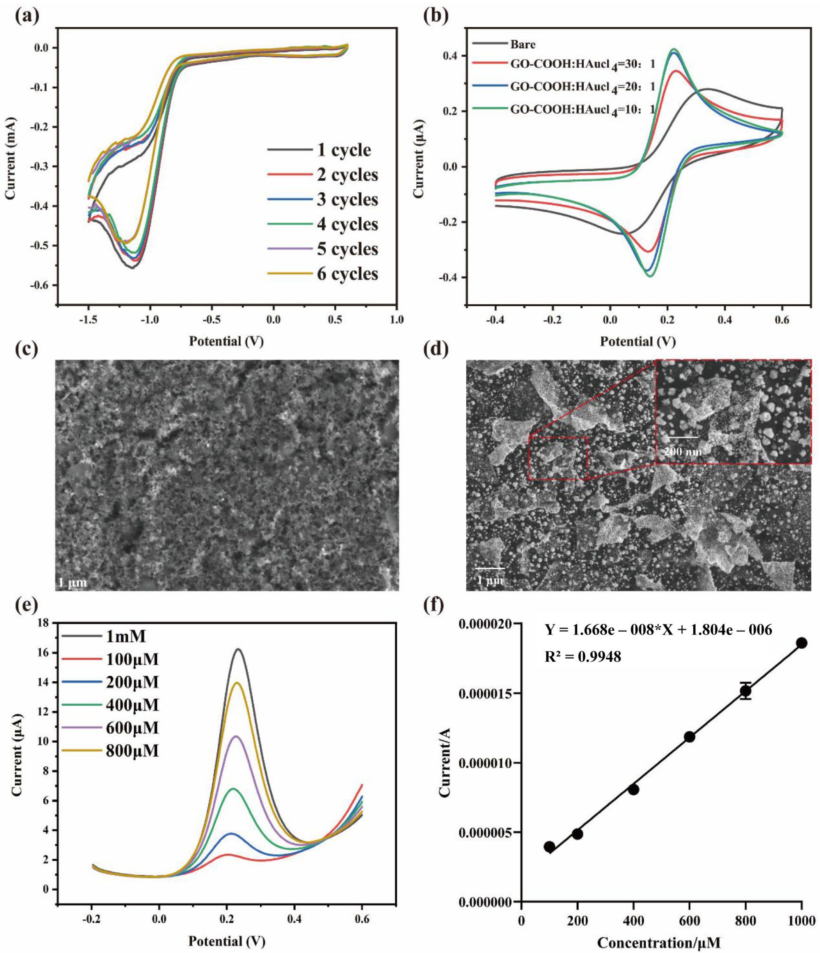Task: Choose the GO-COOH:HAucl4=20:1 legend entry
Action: pyautogui.click(x=582, y=86)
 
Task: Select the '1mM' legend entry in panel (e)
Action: pyautogui.click(x=125, y=637)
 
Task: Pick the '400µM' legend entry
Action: pyautogui.click(x=131, y=705)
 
